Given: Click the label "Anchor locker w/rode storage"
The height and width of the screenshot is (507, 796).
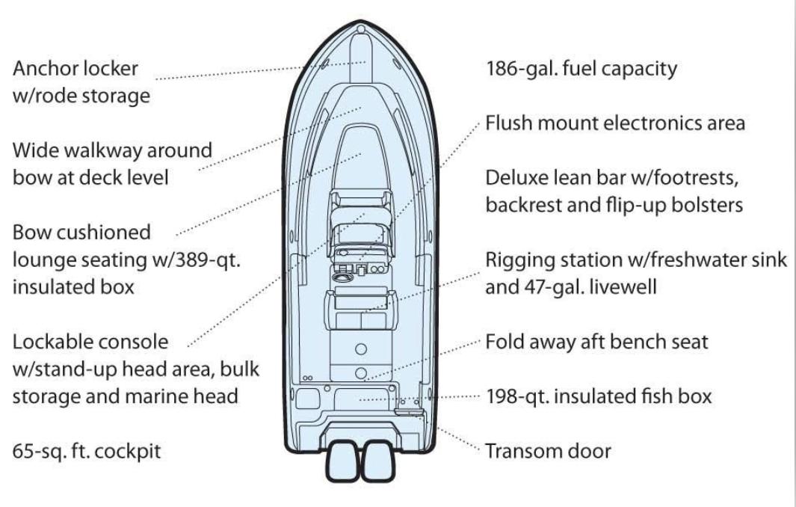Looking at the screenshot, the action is coord(81,82).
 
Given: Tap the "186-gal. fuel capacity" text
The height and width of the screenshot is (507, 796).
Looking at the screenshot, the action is coord(581,69).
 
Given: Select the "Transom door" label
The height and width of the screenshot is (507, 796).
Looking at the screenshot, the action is coord(549,451).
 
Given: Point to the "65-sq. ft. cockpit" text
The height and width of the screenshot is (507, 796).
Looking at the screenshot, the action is coord(87,451).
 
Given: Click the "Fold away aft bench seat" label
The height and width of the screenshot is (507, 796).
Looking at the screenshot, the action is coord(597,342).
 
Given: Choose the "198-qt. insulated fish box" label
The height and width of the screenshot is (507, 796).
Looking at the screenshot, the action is coord(599,396).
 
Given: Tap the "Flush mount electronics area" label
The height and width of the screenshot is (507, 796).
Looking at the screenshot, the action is coord(615,123).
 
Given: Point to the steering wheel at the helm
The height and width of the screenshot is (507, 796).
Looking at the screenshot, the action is coord(342,277).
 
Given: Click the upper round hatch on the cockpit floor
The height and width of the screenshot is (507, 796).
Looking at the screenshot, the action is coord(361,349).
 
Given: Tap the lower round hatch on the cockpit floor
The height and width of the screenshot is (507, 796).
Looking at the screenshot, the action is coord(361,373).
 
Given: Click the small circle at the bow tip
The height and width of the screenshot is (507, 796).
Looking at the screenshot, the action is coord(361,29).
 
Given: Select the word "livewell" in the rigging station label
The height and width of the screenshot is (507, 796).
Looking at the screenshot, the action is coord(623,288).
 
